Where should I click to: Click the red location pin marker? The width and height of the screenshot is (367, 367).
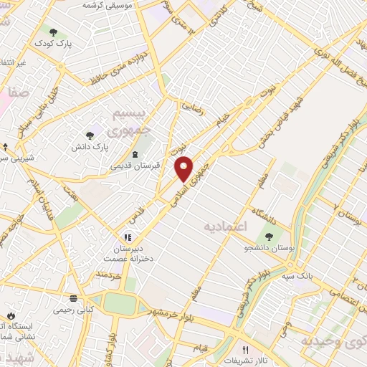(x=184, y=168)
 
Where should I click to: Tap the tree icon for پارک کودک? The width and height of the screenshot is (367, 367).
(x=53, y=32)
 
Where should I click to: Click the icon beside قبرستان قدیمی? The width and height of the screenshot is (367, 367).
(x=135, y=154)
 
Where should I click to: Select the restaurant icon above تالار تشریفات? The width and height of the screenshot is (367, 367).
(x=245, y=348)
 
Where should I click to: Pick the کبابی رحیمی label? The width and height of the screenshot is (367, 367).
(x=72, y=311)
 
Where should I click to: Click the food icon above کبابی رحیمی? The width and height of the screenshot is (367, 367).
(x=72, y=299)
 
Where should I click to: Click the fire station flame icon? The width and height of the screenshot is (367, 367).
(x=11, y=316)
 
